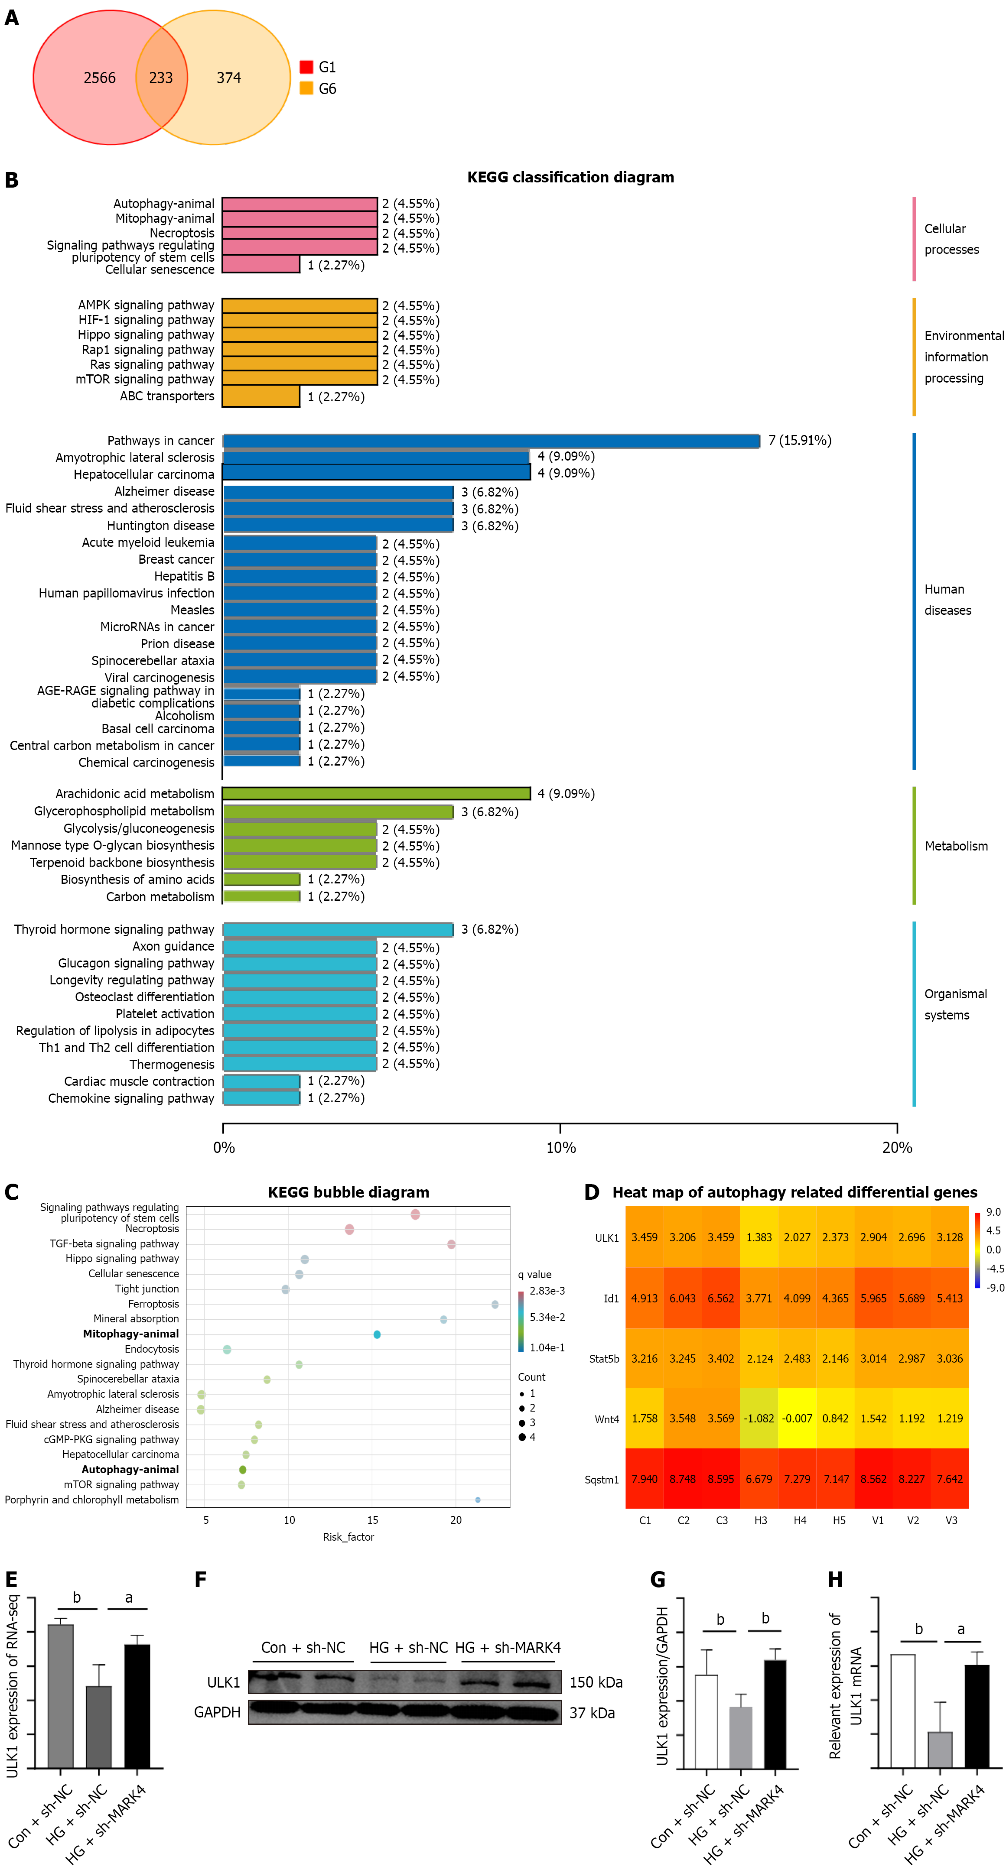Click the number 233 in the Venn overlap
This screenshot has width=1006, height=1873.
coord(161,78)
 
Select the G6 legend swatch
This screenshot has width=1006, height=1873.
coord(306,88)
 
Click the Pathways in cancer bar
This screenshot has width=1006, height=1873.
coord(491,441)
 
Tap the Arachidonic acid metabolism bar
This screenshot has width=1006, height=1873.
coord(376,793)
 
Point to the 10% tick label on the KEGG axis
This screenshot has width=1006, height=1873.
coord(561,1147)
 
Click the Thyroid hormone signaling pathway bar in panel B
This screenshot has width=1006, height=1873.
coord(338,929)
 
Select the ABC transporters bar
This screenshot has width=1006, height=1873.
coord(261,396)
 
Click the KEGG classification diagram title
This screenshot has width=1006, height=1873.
coord(570,177)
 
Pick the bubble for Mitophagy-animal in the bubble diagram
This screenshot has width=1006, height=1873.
coord(377,1334)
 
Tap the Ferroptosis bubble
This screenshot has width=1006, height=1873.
coord(495,1305)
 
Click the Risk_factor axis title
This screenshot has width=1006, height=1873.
coord(348,1536)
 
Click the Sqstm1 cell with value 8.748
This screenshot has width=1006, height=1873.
coord(682,1478)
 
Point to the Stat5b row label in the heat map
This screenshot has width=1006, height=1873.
coord(604,1358)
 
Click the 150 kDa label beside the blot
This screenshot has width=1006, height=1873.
coord(596,1682)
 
